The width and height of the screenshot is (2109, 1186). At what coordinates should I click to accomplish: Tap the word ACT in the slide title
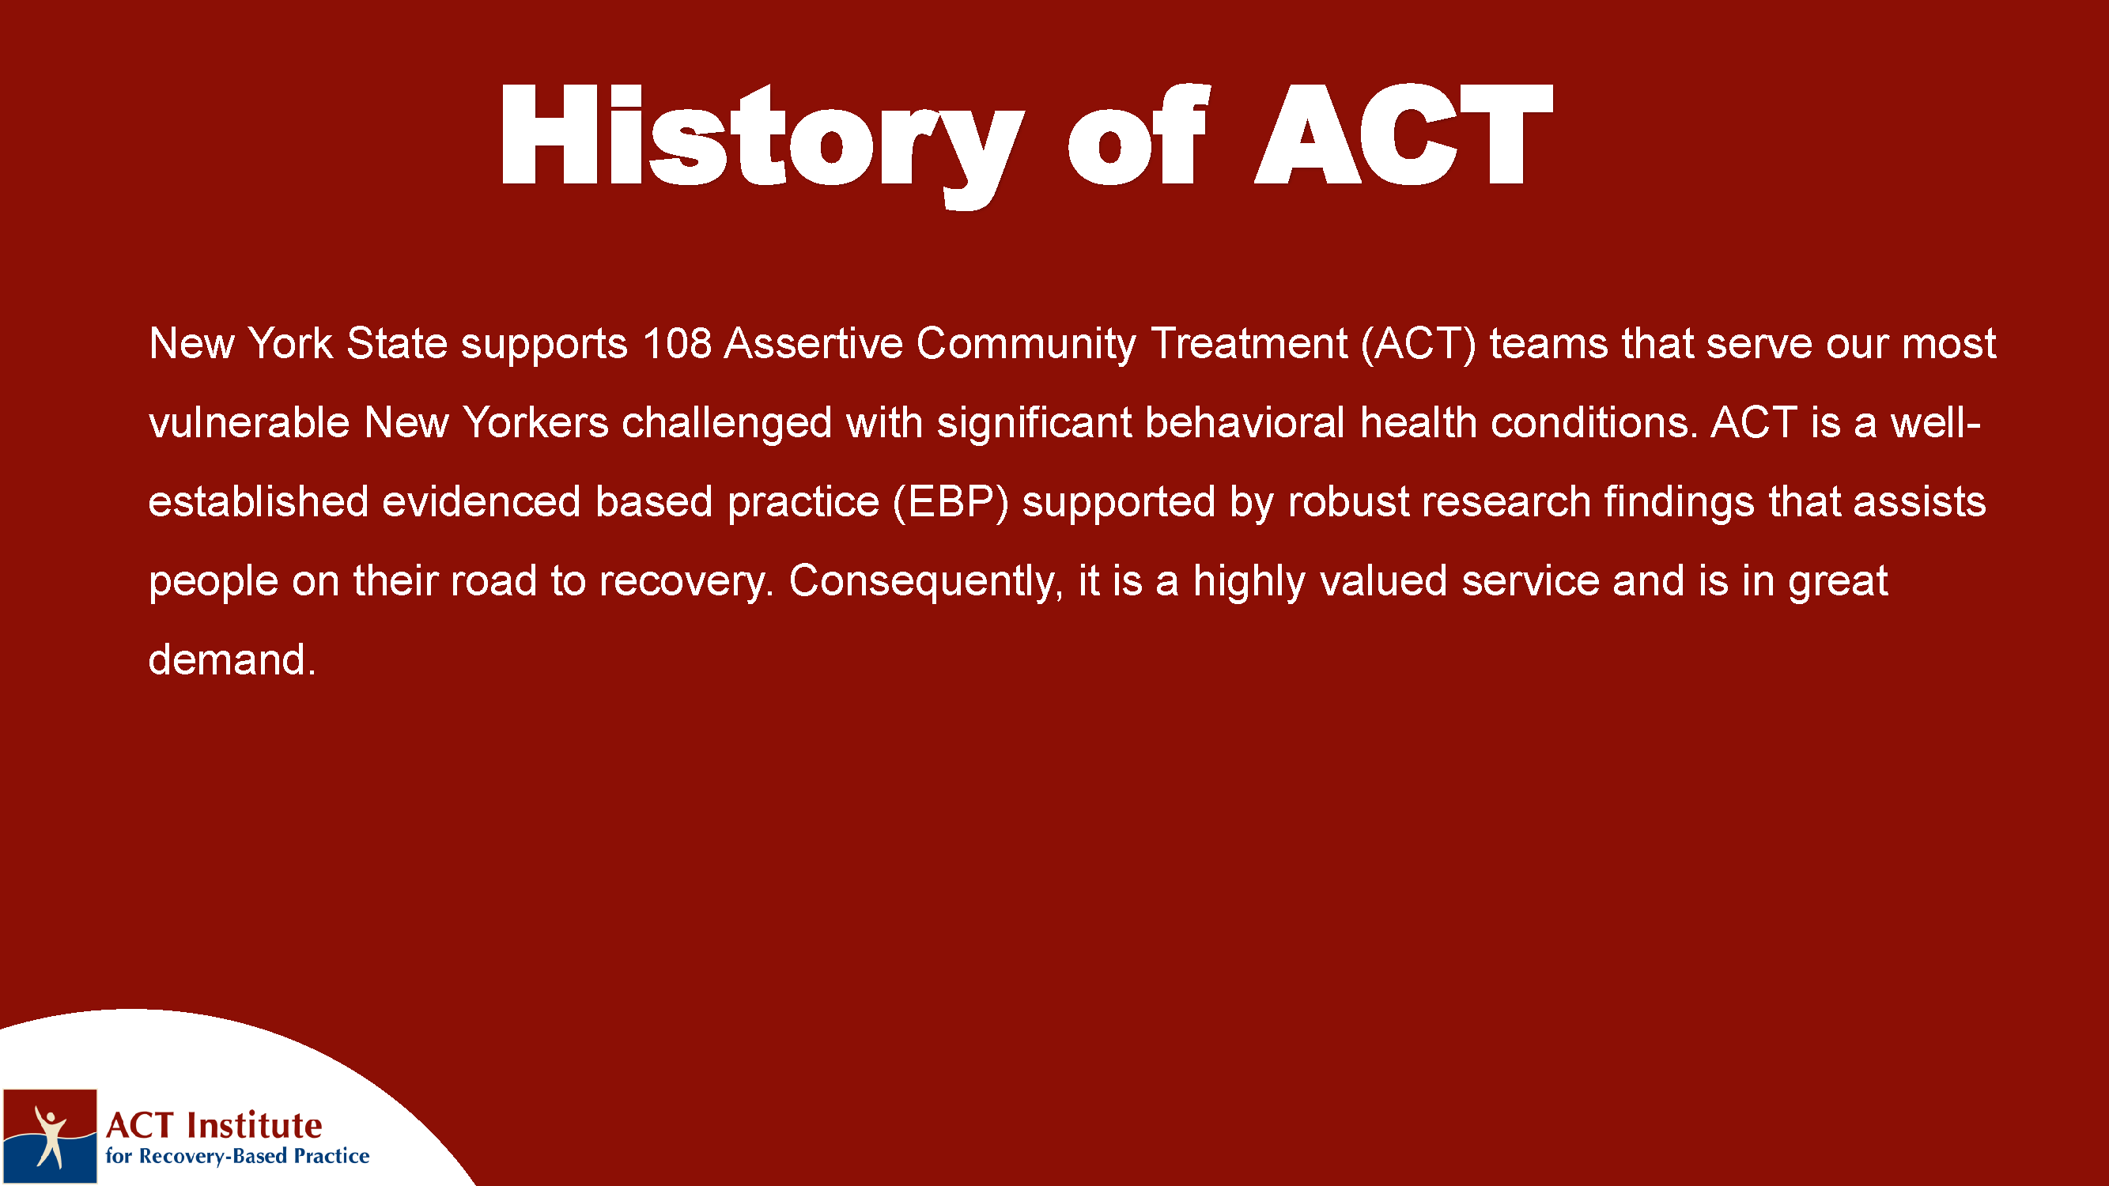tap(1404, 135)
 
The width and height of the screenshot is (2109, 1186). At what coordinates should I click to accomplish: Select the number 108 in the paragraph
tap(676, 343)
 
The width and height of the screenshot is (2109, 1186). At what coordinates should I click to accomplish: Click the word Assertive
tap(813, 343)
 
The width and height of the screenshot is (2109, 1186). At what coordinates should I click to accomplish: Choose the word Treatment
tap(1249, 343)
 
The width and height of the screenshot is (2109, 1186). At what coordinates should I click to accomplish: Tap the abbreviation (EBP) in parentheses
tap(951, 503)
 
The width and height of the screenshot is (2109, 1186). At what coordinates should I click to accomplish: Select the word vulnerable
tap(249, 422)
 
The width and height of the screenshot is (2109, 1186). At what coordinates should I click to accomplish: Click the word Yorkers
tap(535, 422)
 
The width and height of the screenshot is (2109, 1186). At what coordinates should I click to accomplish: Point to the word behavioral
tap(1245, 422)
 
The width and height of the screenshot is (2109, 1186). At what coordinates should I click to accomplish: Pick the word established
tap(258, 502)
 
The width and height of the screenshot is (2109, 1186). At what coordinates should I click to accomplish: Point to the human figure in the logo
tap(50, 1135)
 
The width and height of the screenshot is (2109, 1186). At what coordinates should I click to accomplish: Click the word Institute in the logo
tap(255, 1125)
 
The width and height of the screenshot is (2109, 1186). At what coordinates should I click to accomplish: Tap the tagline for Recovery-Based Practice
tap(237, 1156)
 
